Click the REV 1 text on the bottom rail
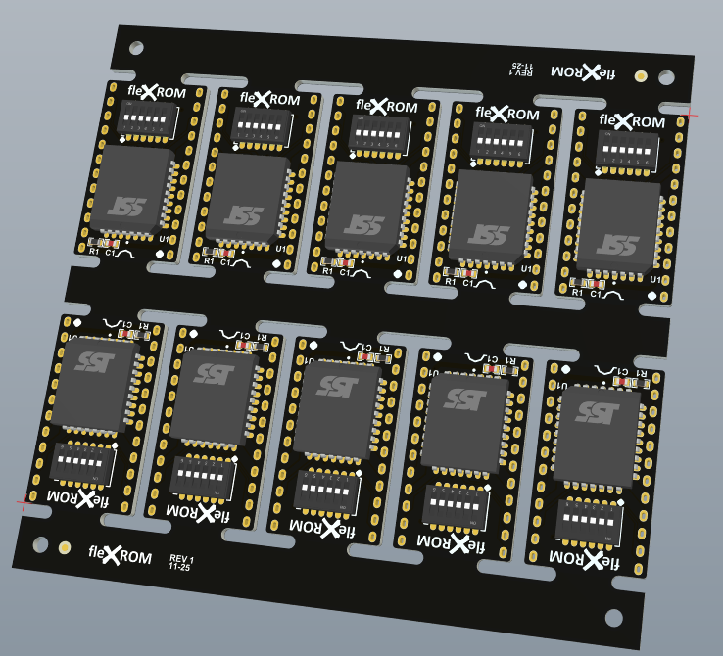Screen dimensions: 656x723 point(181,562)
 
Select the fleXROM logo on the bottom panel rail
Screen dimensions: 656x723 point(120,556)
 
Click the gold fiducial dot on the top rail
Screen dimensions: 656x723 point(641,75)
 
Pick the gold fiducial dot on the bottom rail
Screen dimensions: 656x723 point(65,547)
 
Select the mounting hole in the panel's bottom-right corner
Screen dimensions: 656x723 point(614,617)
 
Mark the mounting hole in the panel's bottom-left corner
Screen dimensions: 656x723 point(40,544)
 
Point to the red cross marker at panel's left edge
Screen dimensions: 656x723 point(22,504)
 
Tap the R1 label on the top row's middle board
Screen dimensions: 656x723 point(326,272)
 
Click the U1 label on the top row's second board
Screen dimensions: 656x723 point(281,249)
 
